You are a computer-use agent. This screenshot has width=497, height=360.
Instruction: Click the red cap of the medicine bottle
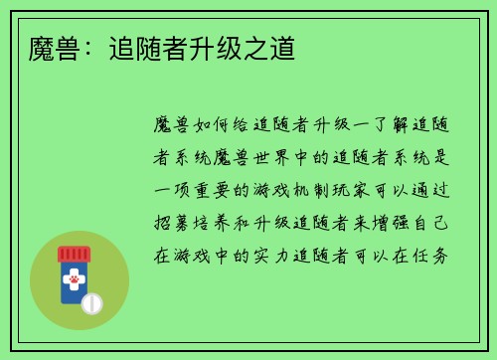pyautogui.click(x=74, y=254)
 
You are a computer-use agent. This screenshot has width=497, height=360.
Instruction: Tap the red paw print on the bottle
pyautogui.click(x=74, y=282)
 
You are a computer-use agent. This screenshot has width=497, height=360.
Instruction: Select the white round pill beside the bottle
pyautogui.click(x=92, y=302)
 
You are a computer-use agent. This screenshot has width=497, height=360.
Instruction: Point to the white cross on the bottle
pyautogui.click(x=74, y=270)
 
